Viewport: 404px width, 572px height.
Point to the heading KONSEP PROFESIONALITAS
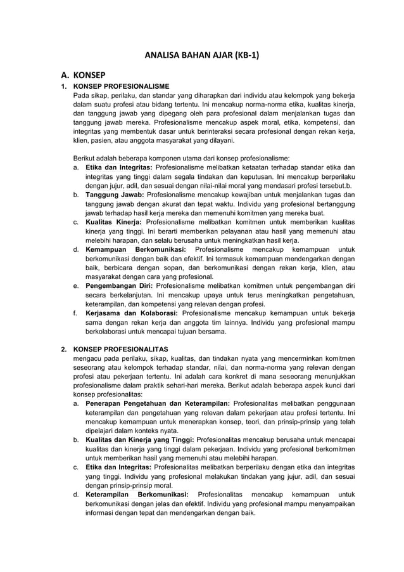coord(121,349)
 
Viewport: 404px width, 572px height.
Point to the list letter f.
coord(75,313)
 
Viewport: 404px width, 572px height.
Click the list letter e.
coord(75,286)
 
